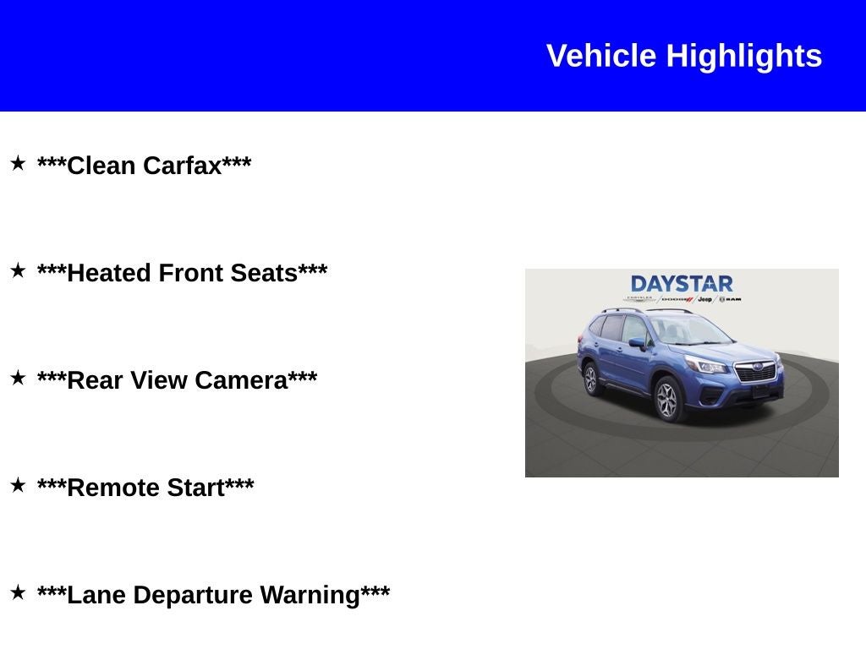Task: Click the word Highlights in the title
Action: [x=743, y=57]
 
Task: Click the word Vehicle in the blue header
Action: [x=601, y=57]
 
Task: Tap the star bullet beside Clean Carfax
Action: [x=18, y=163]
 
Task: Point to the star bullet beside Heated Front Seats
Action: [x=18, y=270]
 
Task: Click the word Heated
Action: [x=109, y=273]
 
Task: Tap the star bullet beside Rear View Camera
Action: [x=18, y=378]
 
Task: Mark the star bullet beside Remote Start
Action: [x=18, y=485]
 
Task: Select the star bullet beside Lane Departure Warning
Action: [x=18, y=592]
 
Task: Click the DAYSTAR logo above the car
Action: [x=682, y=284]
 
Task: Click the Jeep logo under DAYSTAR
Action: [x=704, y=299]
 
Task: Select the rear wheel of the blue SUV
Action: [x=590, y=379]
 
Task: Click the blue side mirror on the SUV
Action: [x=637, y=343]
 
